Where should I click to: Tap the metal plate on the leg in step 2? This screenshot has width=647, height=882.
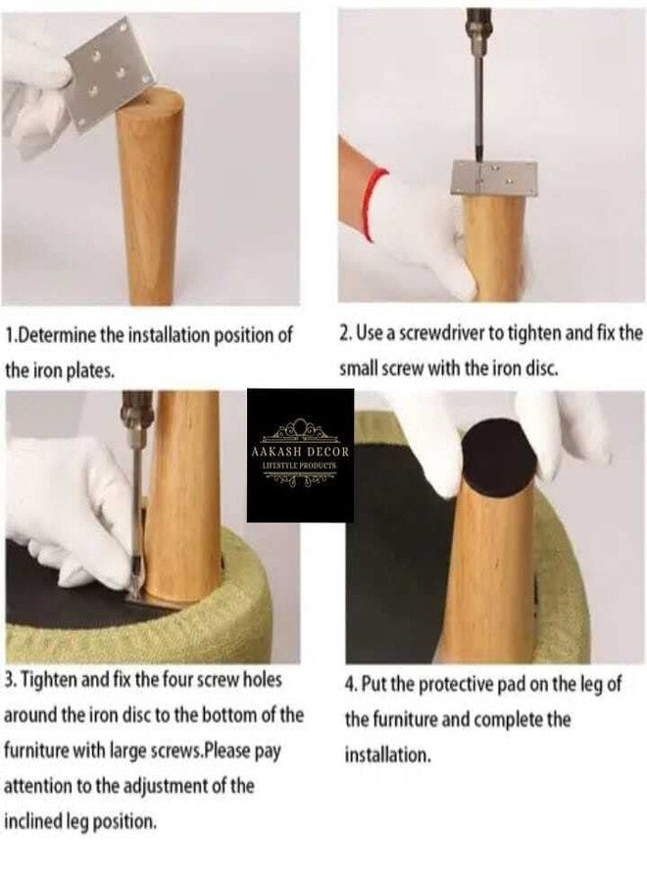pos(495,177)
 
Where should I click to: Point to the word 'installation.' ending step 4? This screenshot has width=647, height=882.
pos(387,755)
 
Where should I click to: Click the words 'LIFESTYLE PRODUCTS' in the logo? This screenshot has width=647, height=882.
pos(300,466)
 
